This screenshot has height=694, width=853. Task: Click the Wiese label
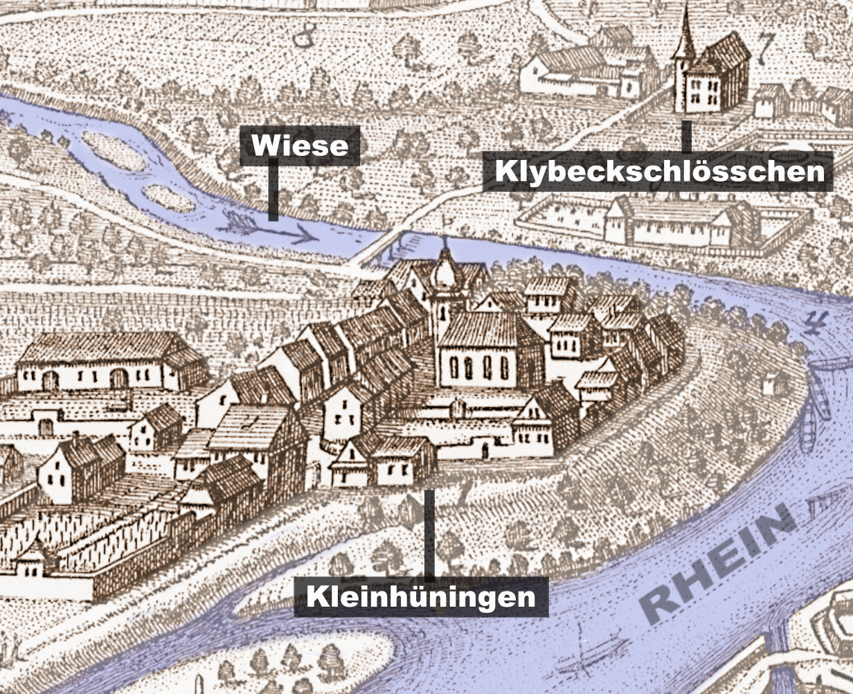coord(299,145)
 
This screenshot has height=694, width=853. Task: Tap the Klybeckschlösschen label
coord(657,171)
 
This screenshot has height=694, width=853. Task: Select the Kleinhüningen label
coord(421,596)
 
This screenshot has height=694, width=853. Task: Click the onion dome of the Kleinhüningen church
coord(445,274)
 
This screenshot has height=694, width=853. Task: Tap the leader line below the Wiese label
coord(273,190)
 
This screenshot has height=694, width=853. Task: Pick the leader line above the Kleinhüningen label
coord(429,533)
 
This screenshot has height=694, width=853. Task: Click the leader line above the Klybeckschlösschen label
coord(686,136)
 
